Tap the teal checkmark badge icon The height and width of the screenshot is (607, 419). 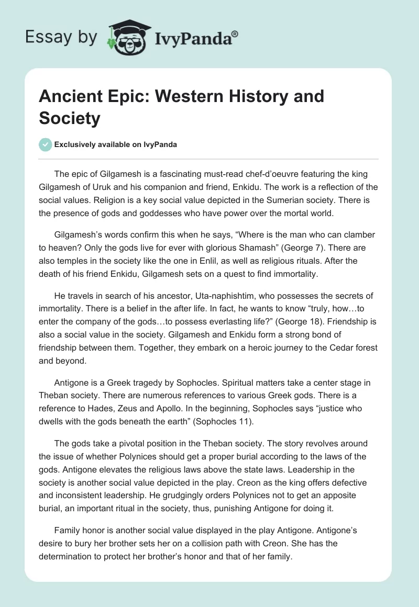point(46,144)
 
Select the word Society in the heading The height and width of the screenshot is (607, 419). point(69,118)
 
